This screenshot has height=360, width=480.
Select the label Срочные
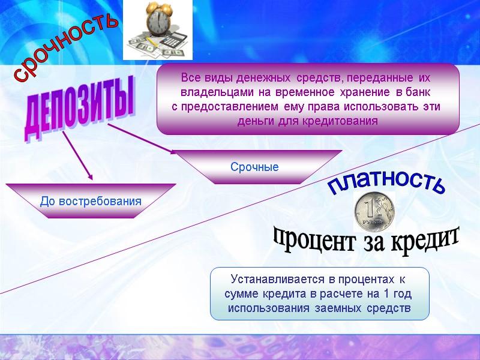tap(255, 167)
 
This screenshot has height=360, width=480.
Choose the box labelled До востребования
tap(91, 201)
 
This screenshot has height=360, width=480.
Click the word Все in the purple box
tap(190, 79)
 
